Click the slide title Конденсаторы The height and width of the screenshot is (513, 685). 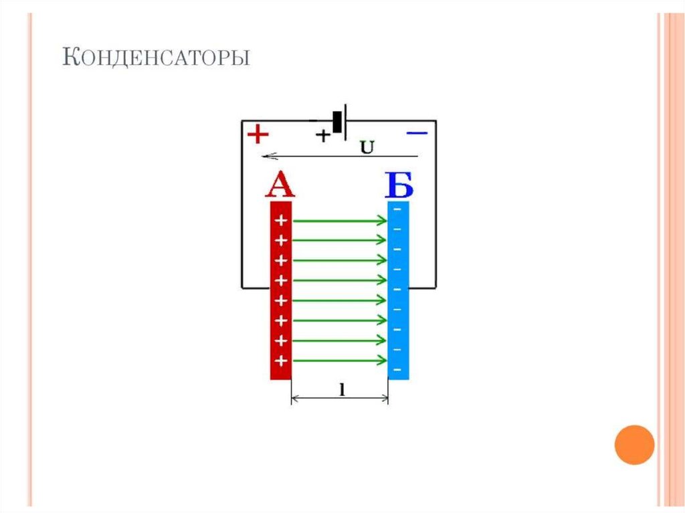tap(156, 58)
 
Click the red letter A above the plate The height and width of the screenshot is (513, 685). tap(280, 185)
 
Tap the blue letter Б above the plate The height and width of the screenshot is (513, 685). tap(399, 185)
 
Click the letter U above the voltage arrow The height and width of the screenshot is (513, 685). tap(367, 146)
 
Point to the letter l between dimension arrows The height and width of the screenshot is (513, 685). tap(340, 389)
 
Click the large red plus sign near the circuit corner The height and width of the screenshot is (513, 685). tap(258, 135)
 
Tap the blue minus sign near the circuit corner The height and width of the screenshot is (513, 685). tap(416, 134)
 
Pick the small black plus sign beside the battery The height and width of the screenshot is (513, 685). tap(322, 136)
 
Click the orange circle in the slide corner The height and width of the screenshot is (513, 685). tap(633, 445)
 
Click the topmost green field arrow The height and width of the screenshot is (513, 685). tap(340, 220)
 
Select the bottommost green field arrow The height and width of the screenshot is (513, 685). tap(340, 361)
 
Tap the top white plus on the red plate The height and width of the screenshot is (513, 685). tap(281, 220)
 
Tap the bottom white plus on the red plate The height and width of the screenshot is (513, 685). tap(281, 361)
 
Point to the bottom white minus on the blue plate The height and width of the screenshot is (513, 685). tap(398, 370)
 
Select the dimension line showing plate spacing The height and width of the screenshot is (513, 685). tap(340, 399)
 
